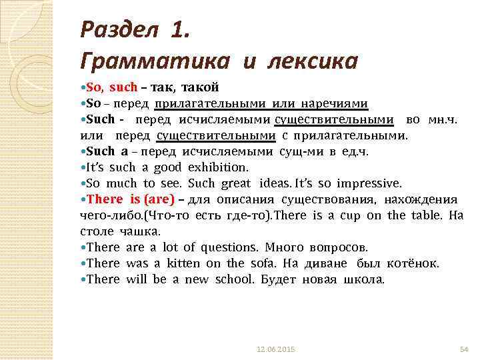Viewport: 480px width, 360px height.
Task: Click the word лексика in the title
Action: (x=313, y=61)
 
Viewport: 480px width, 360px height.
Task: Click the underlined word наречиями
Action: (x=333, y=103)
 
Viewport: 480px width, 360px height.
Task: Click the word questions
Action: (x=217, y=247)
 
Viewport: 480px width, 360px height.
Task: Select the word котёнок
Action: (x=413, y=263)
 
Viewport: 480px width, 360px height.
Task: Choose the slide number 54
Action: (x=465, y=349)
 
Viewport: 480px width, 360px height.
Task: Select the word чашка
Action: (x=139, y=231)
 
